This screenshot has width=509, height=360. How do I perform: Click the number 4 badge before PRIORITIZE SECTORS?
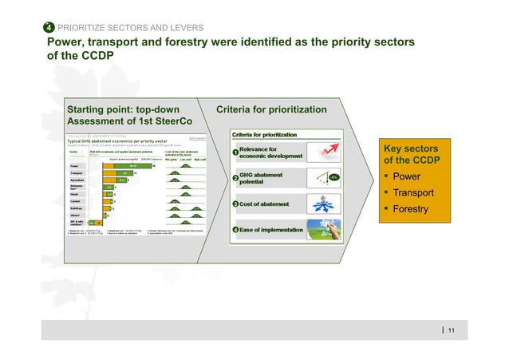[x=49, y=28]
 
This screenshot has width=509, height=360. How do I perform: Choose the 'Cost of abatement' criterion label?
[x=269, y=204]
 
